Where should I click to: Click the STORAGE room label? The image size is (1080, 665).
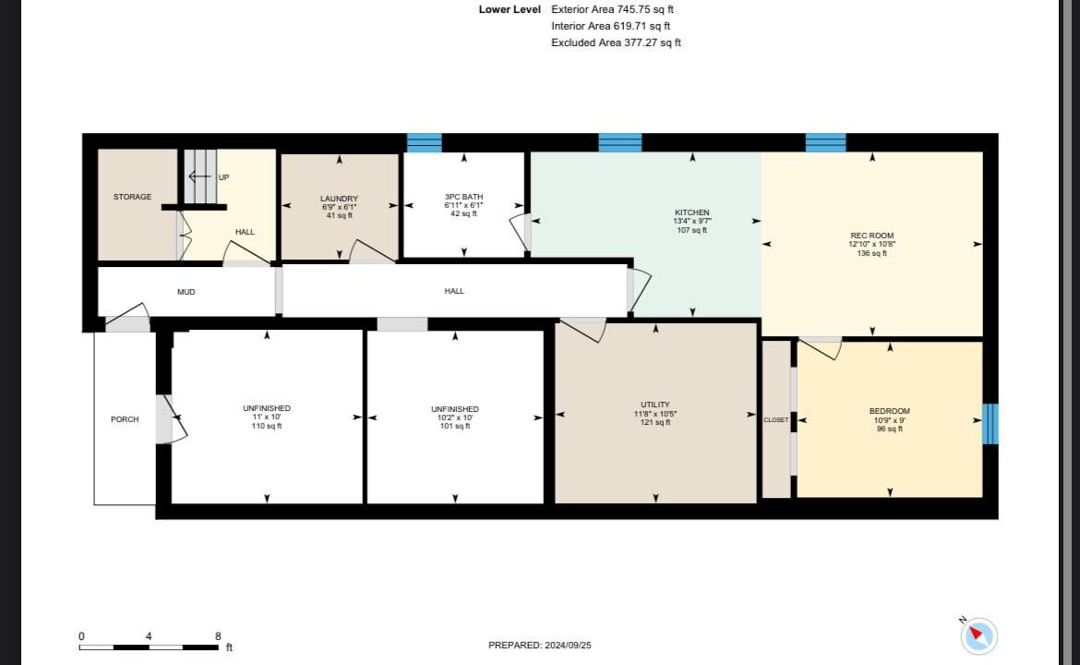tap(132, 197)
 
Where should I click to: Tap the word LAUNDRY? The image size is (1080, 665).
tap(339, 199)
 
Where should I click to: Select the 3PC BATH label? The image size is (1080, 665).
tap(463, 197)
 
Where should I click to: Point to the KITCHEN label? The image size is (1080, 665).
tap(692, 212)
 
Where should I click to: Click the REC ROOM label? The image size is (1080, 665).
tap(872, 236)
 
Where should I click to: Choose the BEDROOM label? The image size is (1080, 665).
tap(889, 411)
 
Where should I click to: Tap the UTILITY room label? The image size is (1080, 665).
tap(655, 405)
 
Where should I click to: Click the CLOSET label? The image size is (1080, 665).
tap(776, 419)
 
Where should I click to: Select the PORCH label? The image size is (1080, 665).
tap(125, 419)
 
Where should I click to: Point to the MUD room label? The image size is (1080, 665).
tap(186, 292)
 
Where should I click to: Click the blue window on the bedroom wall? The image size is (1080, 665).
tap(990, 424)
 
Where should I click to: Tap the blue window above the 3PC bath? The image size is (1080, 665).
tap(425, 142)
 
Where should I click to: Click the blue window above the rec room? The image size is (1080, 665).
tap(826, 142)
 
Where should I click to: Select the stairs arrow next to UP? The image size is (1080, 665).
tap(199, 177)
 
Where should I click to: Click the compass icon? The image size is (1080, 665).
tap(978, 635)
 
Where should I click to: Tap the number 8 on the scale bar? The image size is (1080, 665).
tap(218, 636)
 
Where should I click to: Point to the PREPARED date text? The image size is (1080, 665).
tap(539, 645)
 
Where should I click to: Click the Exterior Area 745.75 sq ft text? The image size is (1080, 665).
tap(612, 9)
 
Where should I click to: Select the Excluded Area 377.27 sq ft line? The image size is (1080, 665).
tap(616, 42)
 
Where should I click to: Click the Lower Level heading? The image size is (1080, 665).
tap(510, 9)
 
